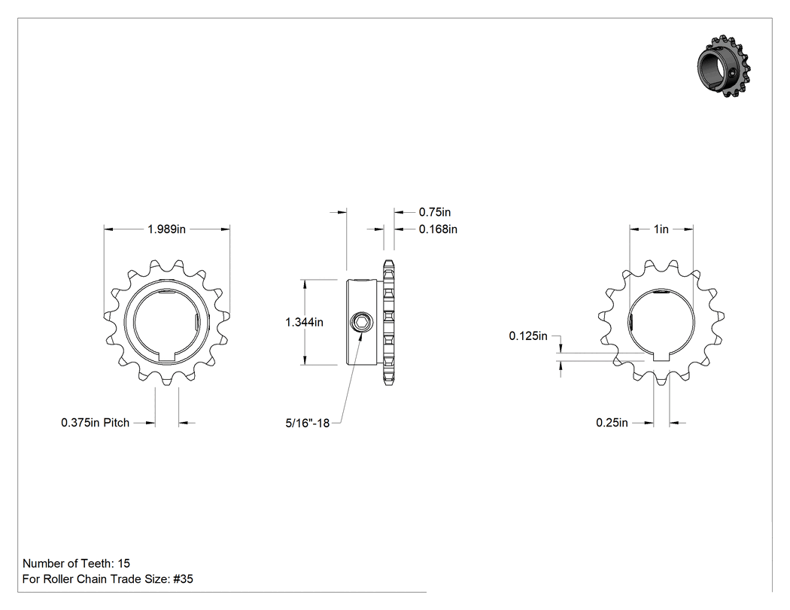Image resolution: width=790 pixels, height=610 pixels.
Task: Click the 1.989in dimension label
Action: [166, 229]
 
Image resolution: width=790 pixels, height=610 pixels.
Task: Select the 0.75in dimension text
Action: [435, 212]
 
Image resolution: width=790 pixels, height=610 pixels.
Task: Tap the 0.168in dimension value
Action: [439, 229]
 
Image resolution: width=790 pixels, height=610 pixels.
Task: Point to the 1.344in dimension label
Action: [304, 322]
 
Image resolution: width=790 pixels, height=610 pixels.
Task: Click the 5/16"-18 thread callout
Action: [307, 423]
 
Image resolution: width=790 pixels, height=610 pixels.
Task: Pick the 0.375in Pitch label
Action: [96, 423]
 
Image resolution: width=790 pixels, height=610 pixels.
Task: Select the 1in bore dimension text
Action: [661, 229]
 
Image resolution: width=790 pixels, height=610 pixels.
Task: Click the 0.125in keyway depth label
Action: [528, 336]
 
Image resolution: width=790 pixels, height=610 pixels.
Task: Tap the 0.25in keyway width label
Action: [612, 423]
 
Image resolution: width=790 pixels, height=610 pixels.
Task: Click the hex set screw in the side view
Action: [361, 322]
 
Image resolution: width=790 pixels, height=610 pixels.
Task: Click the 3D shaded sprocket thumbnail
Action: [724, 66]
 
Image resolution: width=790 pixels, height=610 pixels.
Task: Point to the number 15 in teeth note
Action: [123, 563]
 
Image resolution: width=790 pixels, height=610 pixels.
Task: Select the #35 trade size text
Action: [183, 578]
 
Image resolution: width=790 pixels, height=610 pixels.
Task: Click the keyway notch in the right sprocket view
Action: [661, 357]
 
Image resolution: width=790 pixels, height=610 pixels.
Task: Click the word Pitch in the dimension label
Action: [117, 423]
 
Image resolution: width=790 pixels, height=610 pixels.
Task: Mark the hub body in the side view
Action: [362, 322]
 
